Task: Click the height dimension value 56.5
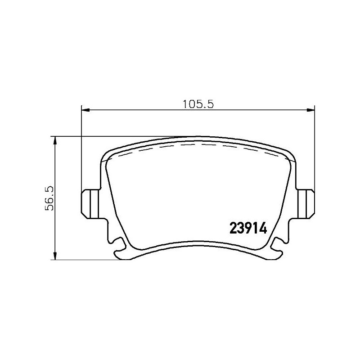tap(50, 198)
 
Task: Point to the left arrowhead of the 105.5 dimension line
tap(85, 109)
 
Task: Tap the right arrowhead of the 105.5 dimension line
tap(310, 109)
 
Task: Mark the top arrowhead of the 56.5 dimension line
tap(55, 140)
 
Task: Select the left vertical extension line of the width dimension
tap(81, 148)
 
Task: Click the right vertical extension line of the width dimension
tap(314, 148)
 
